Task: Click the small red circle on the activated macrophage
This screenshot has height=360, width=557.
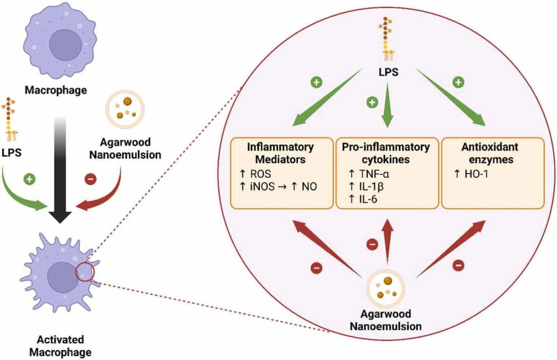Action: [86, 272]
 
